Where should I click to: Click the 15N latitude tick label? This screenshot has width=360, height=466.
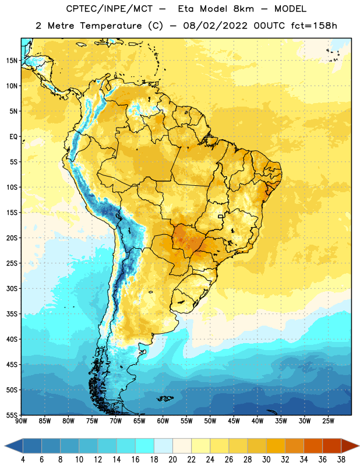(12, 61)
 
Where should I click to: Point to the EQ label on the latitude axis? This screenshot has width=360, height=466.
(13, 137)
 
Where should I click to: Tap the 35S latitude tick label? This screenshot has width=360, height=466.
(12, 314)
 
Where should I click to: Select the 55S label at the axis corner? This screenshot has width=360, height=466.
(12, 415)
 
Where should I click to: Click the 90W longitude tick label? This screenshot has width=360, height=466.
(21, 421)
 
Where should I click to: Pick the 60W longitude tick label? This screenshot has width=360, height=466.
(163, 421)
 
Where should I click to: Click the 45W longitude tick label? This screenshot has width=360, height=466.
(234, 421)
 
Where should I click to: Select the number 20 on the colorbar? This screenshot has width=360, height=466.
(172, 460)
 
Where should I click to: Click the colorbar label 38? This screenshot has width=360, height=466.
(341, 460)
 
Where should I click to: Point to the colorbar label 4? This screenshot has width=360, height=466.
(23, 460)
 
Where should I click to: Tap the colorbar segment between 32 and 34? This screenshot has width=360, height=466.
(294, 446)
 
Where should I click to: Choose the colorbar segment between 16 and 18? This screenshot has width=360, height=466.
(145, 446)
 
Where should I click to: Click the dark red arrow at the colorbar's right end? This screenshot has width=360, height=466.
(350, 446)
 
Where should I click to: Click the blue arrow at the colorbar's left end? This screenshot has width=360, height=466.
(13, 446)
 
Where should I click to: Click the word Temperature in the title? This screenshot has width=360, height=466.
(111, 26)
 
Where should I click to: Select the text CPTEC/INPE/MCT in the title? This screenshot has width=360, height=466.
(109, 9)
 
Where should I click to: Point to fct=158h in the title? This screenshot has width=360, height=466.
(314, 26)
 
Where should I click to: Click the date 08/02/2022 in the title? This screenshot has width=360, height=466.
(216, 26)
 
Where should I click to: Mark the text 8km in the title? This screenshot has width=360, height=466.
(243, 9)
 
